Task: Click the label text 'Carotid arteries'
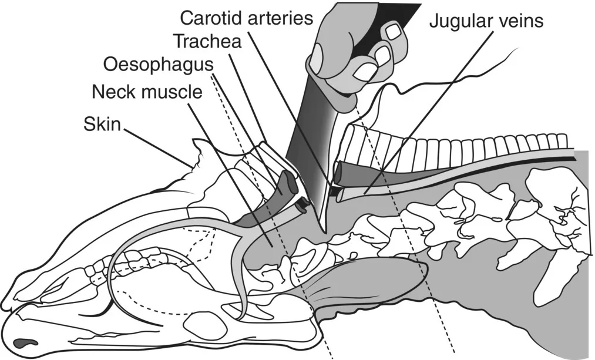246,18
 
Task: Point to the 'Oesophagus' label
158,64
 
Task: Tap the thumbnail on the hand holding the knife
317,59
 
